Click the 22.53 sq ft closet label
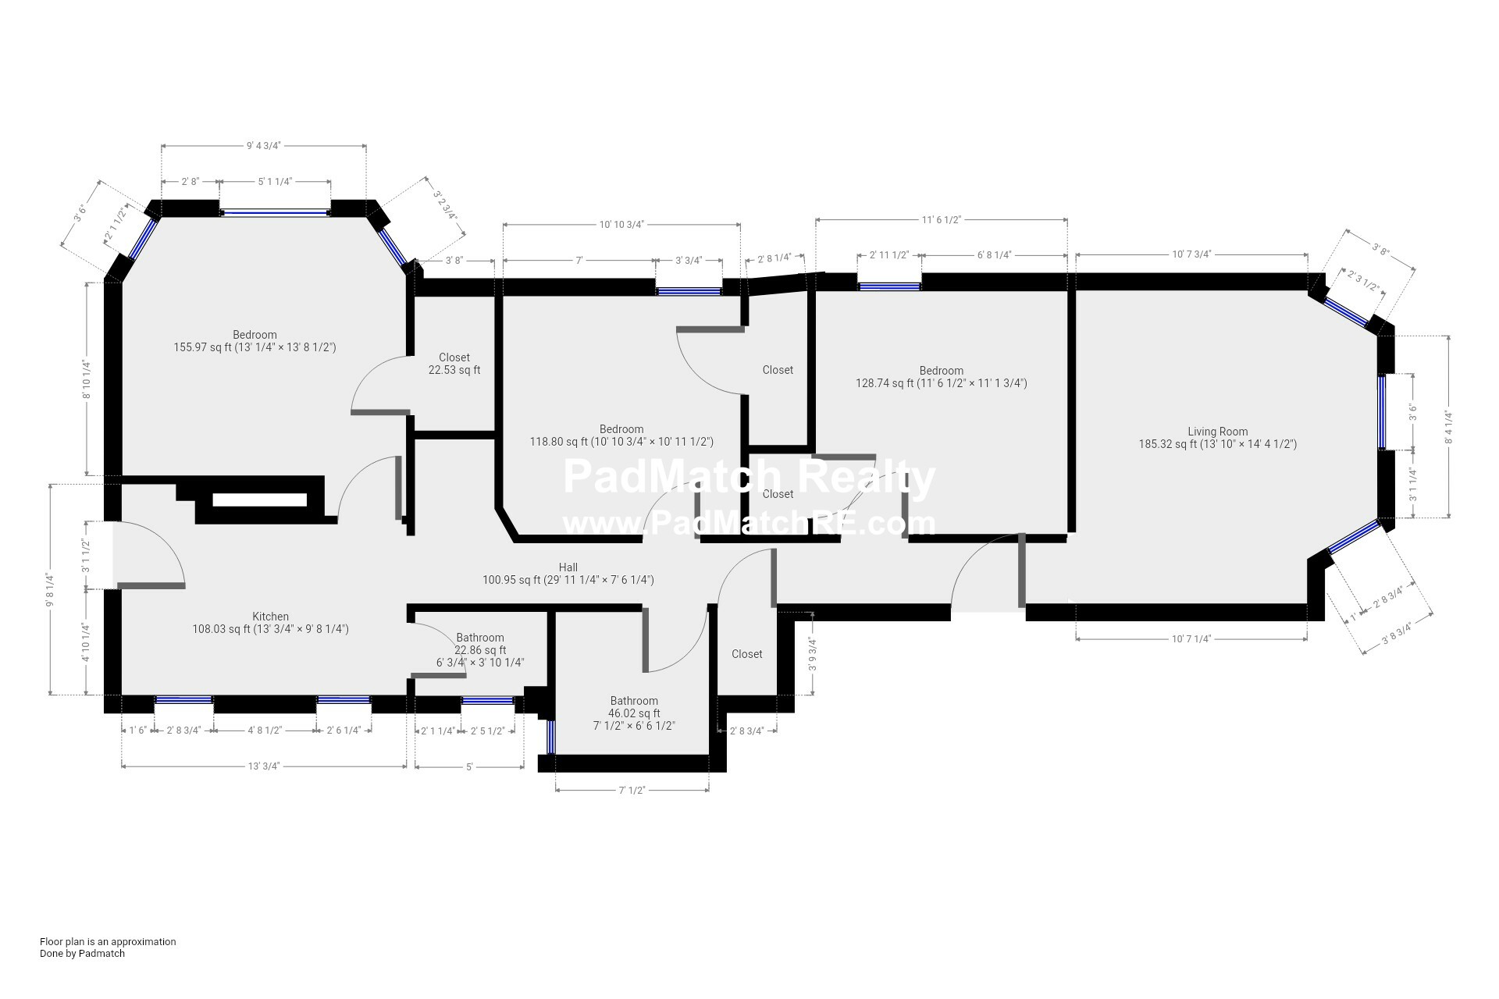[x=454, y=364]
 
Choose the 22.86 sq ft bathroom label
[x=480, y=650]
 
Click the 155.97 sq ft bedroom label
[x=255, y=341]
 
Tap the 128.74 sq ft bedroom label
[x=941, y=377]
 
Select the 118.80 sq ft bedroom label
[x=621, y=436]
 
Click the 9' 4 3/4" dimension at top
[x=263, y=145]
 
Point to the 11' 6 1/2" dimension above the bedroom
[x=941, y=220]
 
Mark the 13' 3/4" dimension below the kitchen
[x=264, y=766]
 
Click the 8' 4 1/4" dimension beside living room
[x=1449, y=427]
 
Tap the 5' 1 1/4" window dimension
[x=275, y=181]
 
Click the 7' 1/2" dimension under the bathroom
[x=632, y=791]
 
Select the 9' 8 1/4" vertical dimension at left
[x=50, y=589]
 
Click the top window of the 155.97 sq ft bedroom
[x=275, y=212]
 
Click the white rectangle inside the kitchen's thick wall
[x=260, y=500]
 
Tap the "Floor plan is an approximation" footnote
[x=108, y=941]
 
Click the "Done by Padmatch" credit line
[x=82, y=953]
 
